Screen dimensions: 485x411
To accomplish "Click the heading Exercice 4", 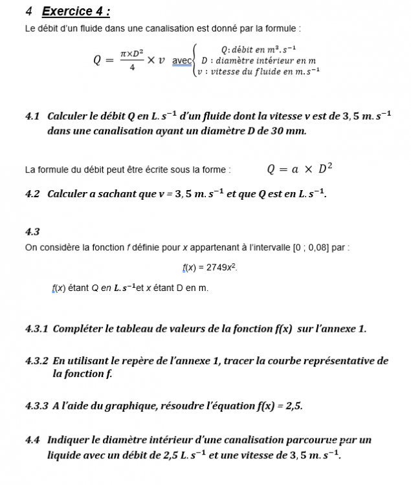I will pyautogui.click(x=75, y=11).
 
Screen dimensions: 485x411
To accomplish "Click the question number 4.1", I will pyautogui.click(x=32, y=116).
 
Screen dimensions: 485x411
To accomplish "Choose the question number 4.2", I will pyautogui.click(x=32, y=194).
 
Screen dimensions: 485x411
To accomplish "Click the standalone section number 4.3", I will pyautogui.click(x=32, y=232).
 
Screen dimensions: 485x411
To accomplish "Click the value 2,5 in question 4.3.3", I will pyautogui.click(x=293, y=406).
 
